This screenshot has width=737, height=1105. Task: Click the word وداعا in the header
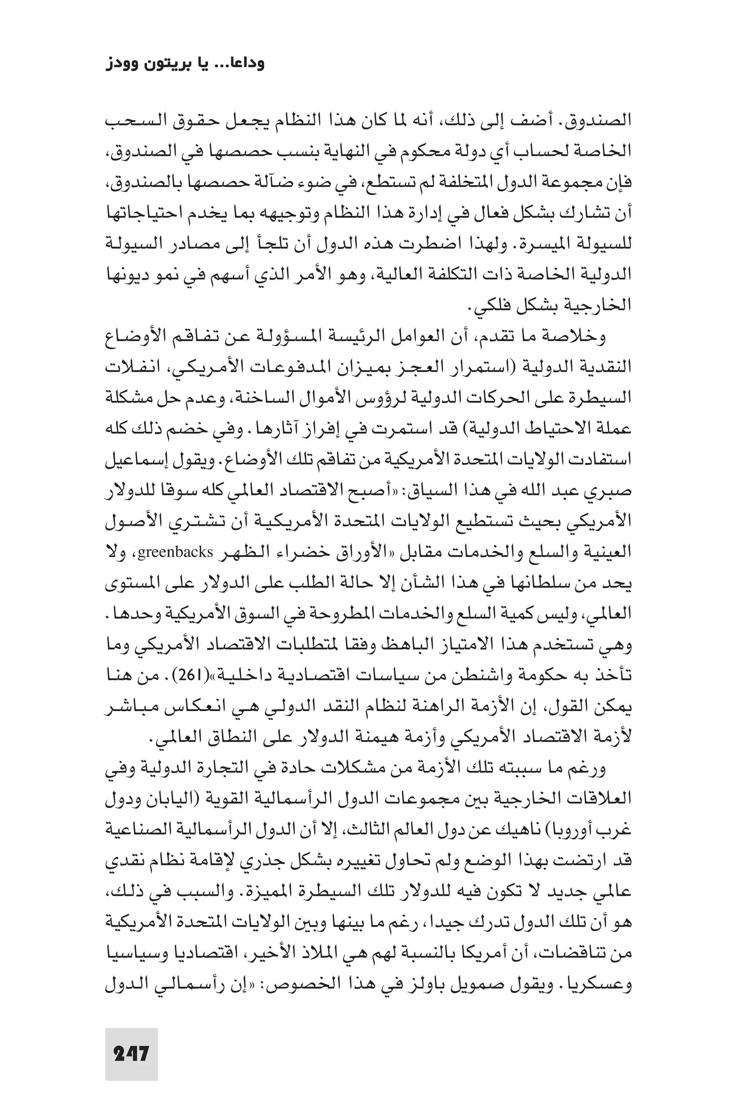pyautogui.click(x=241, y=63)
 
